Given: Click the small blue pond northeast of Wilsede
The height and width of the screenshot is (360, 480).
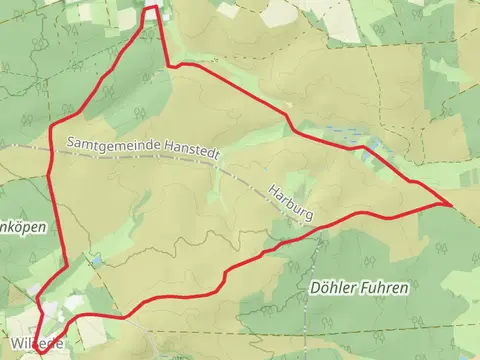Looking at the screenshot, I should [x=96, y=260].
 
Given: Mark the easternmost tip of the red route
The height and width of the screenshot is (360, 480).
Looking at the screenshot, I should [x=451, y=204].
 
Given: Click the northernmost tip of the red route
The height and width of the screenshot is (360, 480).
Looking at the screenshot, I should [x=152, y=8].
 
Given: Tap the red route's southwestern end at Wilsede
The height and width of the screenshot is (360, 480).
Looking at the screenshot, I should [x=43, y=351].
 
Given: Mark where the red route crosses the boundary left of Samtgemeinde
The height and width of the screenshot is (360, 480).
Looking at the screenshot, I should [x=51, y=150].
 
